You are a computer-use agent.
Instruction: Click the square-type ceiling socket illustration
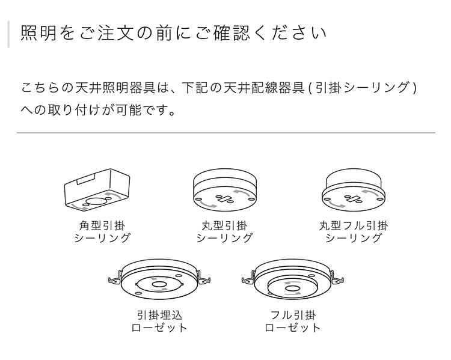[98, 190]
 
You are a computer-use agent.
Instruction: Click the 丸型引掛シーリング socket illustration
[224, 190]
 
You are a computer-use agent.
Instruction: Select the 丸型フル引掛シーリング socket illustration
[354, 190]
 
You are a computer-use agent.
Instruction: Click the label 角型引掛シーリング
[102, 231]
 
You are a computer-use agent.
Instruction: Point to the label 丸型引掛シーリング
[224, 231]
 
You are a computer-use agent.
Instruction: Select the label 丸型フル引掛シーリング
[354, 231]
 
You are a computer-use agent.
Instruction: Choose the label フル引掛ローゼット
[293, 321]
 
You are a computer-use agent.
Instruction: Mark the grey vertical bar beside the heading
[8, 34]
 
